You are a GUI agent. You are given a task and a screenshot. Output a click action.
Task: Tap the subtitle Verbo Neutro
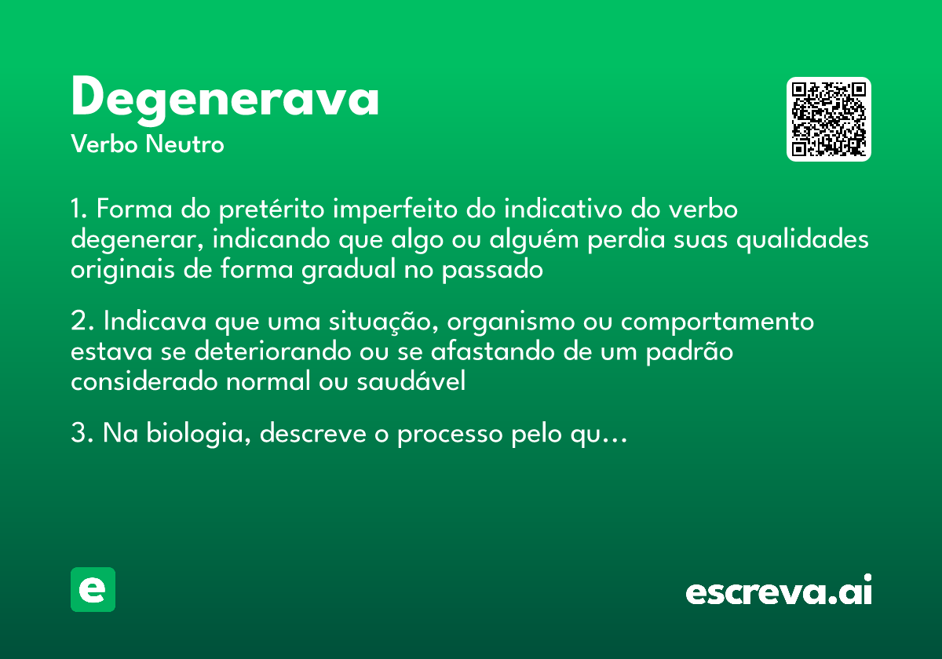pos(148,144)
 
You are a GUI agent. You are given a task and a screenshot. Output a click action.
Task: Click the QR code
pos(829,119)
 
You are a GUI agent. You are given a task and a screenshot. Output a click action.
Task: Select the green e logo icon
pos(93,589)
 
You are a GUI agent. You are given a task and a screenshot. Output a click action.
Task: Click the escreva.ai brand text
pos(779,592)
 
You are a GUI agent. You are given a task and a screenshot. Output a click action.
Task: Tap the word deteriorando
pos(271,351)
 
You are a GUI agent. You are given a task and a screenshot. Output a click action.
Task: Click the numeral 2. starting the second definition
pos(82,322)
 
